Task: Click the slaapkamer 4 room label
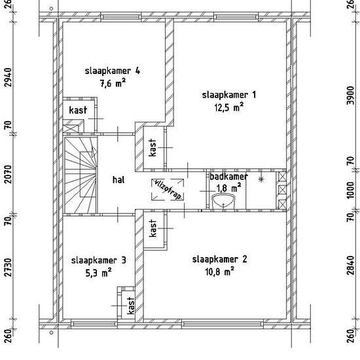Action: click(113, 71)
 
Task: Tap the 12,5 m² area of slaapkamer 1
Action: click(229, 107)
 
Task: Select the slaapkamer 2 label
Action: click(220, 260)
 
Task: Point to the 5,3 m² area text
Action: click(98, 273)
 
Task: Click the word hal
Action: click(118, 180)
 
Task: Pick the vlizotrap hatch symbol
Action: click(168, 189)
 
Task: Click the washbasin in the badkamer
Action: click(223, 202)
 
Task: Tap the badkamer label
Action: click(228, 177)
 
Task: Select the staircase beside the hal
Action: click(81, 175)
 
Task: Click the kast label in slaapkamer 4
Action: click(78, 110)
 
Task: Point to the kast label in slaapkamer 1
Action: click(153, 147)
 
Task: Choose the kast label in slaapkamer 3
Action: click(131, 306)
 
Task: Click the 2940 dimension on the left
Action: click(9, 78)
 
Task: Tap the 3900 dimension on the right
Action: click(350, 96)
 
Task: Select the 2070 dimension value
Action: click(9, 174)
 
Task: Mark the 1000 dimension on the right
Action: click(350, 190)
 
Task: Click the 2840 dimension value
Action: click(350, 265)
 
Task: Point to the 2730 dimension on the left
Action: click(9, 268)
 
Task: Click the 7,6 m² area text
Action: click(113, 83)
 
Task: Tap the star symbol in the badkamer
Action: click(261, 179)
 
